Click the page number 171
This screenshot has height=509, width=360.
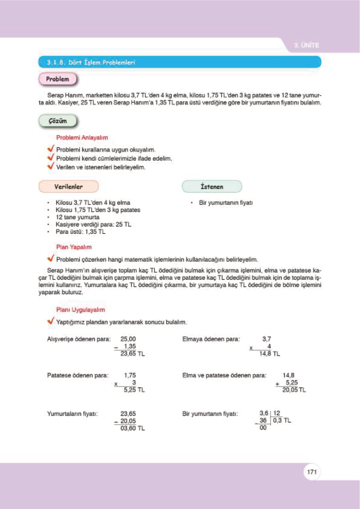312,472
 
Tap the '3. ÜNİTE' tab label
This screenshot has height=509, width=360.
306,45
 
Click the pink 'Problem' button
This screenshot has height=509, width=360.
58,79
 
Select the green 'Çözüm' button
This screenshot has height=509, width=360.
58,121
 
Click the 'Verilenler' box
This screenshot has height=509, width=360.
69,186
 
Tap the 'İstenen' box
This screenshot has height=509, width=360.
212,186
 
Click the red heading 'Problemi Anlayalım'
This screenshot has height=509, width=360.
82,138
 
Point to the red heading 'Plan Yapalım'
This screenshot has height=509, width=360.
74,247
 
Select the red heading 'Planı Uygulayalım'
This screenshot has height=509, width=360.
80,310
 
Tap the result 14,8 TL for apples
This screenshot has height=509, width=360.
269,353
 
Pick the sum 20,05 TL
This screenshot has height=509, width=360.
294,390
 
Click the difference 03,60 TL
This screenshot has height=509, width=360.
132,428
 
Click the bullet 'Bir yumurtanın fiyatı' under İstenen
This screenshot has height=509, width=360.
225,203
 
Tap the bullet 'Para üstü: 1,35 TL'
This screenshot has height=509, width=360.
80,232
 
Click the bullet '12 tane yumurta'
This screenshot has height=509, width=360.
77,217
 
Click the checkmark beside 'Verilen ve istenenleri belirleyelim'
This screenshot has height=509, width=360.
50,166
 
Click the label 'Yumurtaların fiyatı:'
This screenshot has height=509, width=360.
72,413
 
